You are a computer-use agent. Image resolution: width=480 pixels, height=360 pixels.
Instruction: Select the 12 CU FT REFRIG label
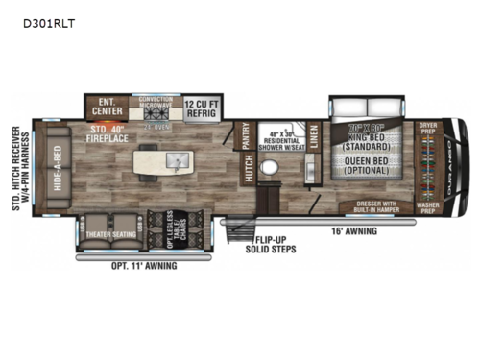tap(204, 105)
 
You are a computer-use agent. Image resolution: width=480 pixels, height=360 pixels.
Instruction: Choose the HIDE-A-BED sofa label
tap(59, 169)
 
